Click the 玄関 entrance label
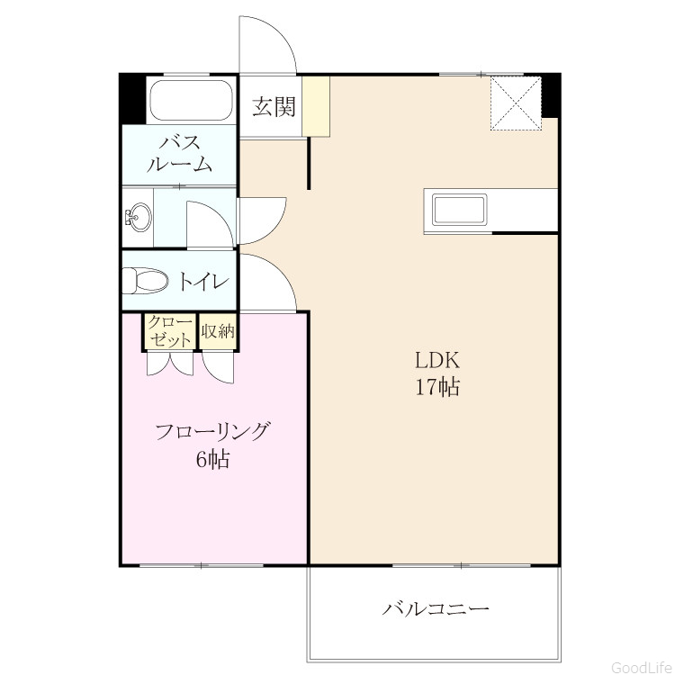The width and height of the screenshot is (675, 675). (x=274, y=106)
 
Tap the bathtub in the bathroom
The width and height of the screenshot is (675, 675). (x=192, y=100)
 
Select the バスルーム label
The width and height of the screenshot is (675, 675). (x=179, y=154)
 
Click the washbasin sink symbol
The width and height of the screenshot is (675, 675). (x=138, y=217)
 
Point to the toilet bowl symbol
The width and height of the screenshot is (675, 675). (x=145, y=282)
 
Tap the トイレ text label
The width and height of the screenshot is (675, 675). (x=202, y=282)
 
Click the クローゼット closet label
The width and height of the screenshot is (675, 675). (x=170, y=331)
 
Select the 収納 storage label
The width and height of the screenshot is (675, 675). (x=218, y=331)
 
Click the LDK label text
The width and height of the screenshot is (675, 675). (x=436, y=360)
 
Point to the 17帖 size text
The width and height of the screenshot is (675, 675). (x=436, y=387)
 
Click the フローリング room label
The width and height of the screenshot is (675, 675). (x=212, y=431)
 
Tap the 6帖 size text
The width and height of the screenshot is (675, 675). (x=212, y=459)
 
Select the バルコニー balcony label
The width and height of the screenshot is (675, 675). (x=436, y=609)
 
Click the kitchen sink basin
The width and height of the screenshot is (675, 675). (x=460, y=211)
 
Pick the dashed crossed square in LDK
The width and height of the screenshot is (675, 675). (x=516, y=103)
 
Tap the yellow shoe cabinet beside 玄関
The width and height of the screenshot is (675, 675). (x=316, y=106)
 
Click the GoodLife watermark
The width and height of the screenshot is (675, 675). (x=642, y=667)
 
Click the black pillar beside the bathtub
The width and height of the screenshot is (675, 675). (x=132, y=99)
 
